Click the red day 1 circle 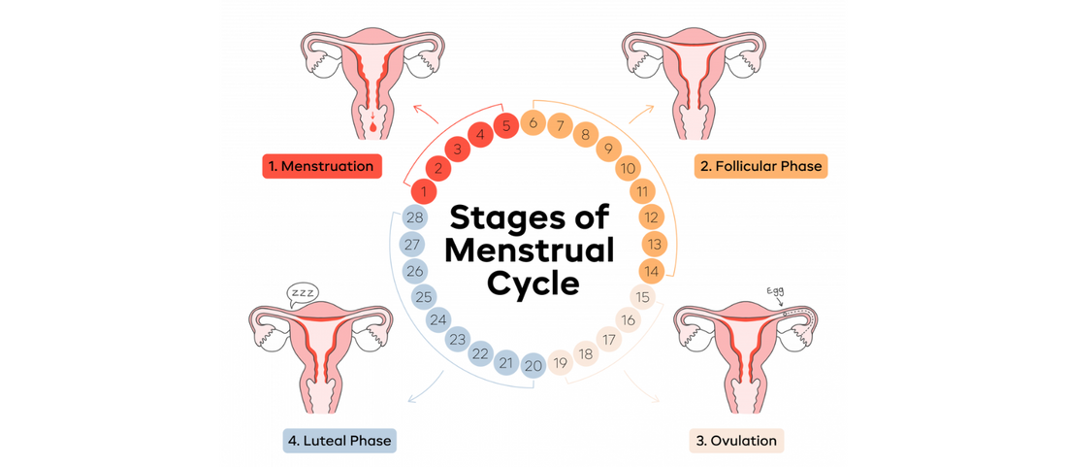pos(422,191)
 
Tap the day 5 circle pos(505,125)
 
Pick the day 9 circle pos(608,149)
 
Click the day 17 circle pos(609,340)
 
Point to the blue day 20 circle pos(533,365)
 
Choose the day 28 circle pos(414,217)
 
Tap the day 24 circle pos(438,318)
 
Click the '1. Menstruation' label pos(321,166)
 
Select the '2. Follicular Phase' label pos(761,166)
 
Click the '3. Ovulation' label pos(736,441)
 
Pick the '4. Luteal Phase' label pos(340,441)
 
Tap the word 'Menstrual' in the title pos(529,250)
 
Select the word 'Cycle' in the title pos(533,284)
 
